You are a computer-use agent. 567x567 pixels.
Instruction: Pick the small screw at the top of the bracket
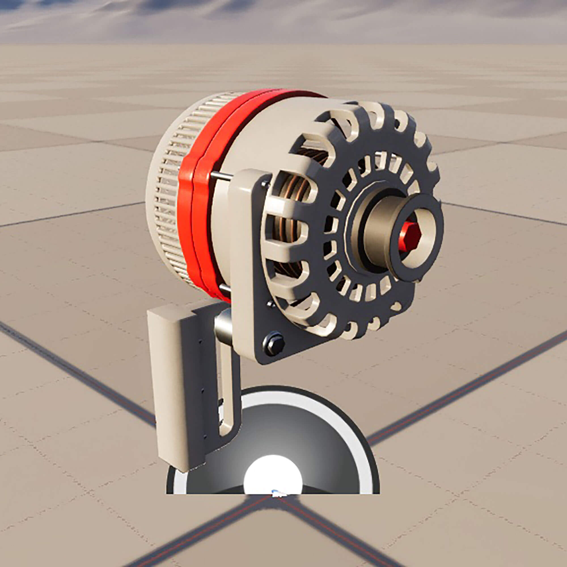pyautogui.click(x=266, y=184)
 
